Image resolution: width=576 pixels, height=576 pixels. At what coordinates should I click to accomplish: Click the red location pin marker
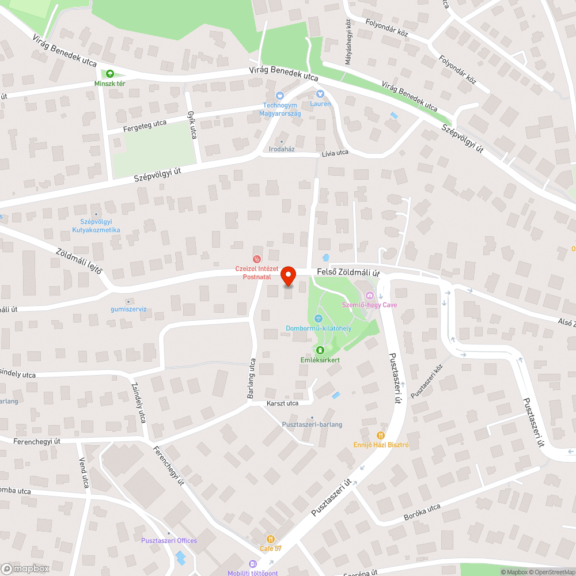pos(288,276)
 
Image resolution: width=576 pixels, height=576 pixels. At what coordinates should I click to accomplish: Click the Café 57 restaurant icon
pos(270,539)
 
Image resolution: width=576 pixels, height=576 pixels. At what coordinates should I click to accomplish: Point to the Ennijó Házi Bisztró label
pos(381,445)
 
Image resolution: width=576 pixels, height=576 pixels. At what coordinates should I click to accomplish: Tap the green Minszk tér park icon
pos(110,74)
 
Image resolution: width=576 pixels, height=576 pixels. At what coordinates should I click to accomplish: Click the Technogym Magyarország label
pos(282,109)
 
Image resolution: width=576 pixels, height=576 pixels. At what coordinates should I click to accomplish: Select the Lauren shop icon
pos(320,94)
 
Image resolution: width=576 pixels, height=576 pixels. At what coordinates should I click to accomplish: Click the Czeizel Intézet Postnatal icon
pos(257,259)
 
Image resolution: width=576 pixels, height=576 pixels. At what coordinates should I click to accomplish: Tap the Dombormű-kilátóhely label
pos(319,328)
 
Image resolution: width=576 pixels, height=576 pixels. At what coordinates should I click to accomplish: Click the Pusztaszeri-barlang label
pos(312,425)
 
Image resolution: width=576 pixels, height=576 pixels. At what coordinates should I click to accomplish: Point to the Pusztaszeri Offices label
pos(169,540)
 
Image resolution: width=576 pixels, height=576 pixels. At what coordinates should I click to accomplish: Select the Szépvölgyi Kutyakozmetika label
pos(96,226)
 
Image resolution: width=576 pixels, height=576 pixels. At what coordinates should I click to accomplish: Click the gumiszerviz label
pos(128,309)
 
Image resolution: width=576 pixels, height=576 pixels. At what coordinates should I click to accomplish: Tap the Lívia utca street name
pos(335,153)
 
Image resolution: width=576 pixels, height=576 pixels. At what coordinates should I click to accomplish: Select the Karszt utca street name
pos(282,403)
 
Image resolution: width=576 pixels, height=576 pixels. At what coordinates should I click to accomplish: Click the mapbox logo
pos(25,569)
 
